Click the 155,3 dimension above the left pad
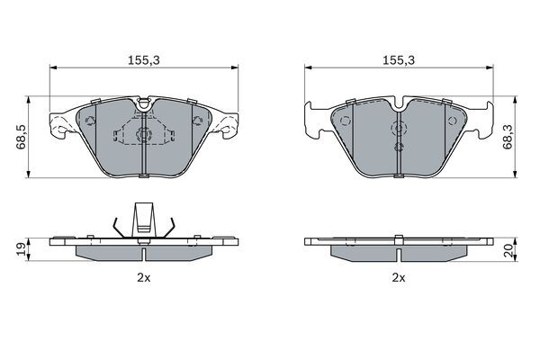[x=144, y=60]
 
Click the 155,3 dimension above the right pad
[x=399, y=60]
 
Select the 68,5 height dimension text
[x=22, y=137]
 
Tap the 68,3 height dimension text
[x=508, y=137]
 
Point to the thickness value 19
[x=22, y=248]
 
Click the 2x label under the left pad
[x=144, y=278]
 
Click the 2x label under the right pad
[x=399, y=278]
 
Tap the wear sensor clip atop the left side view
[x=144, y=219]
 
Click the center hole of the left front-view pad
[x=143, y=134]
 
